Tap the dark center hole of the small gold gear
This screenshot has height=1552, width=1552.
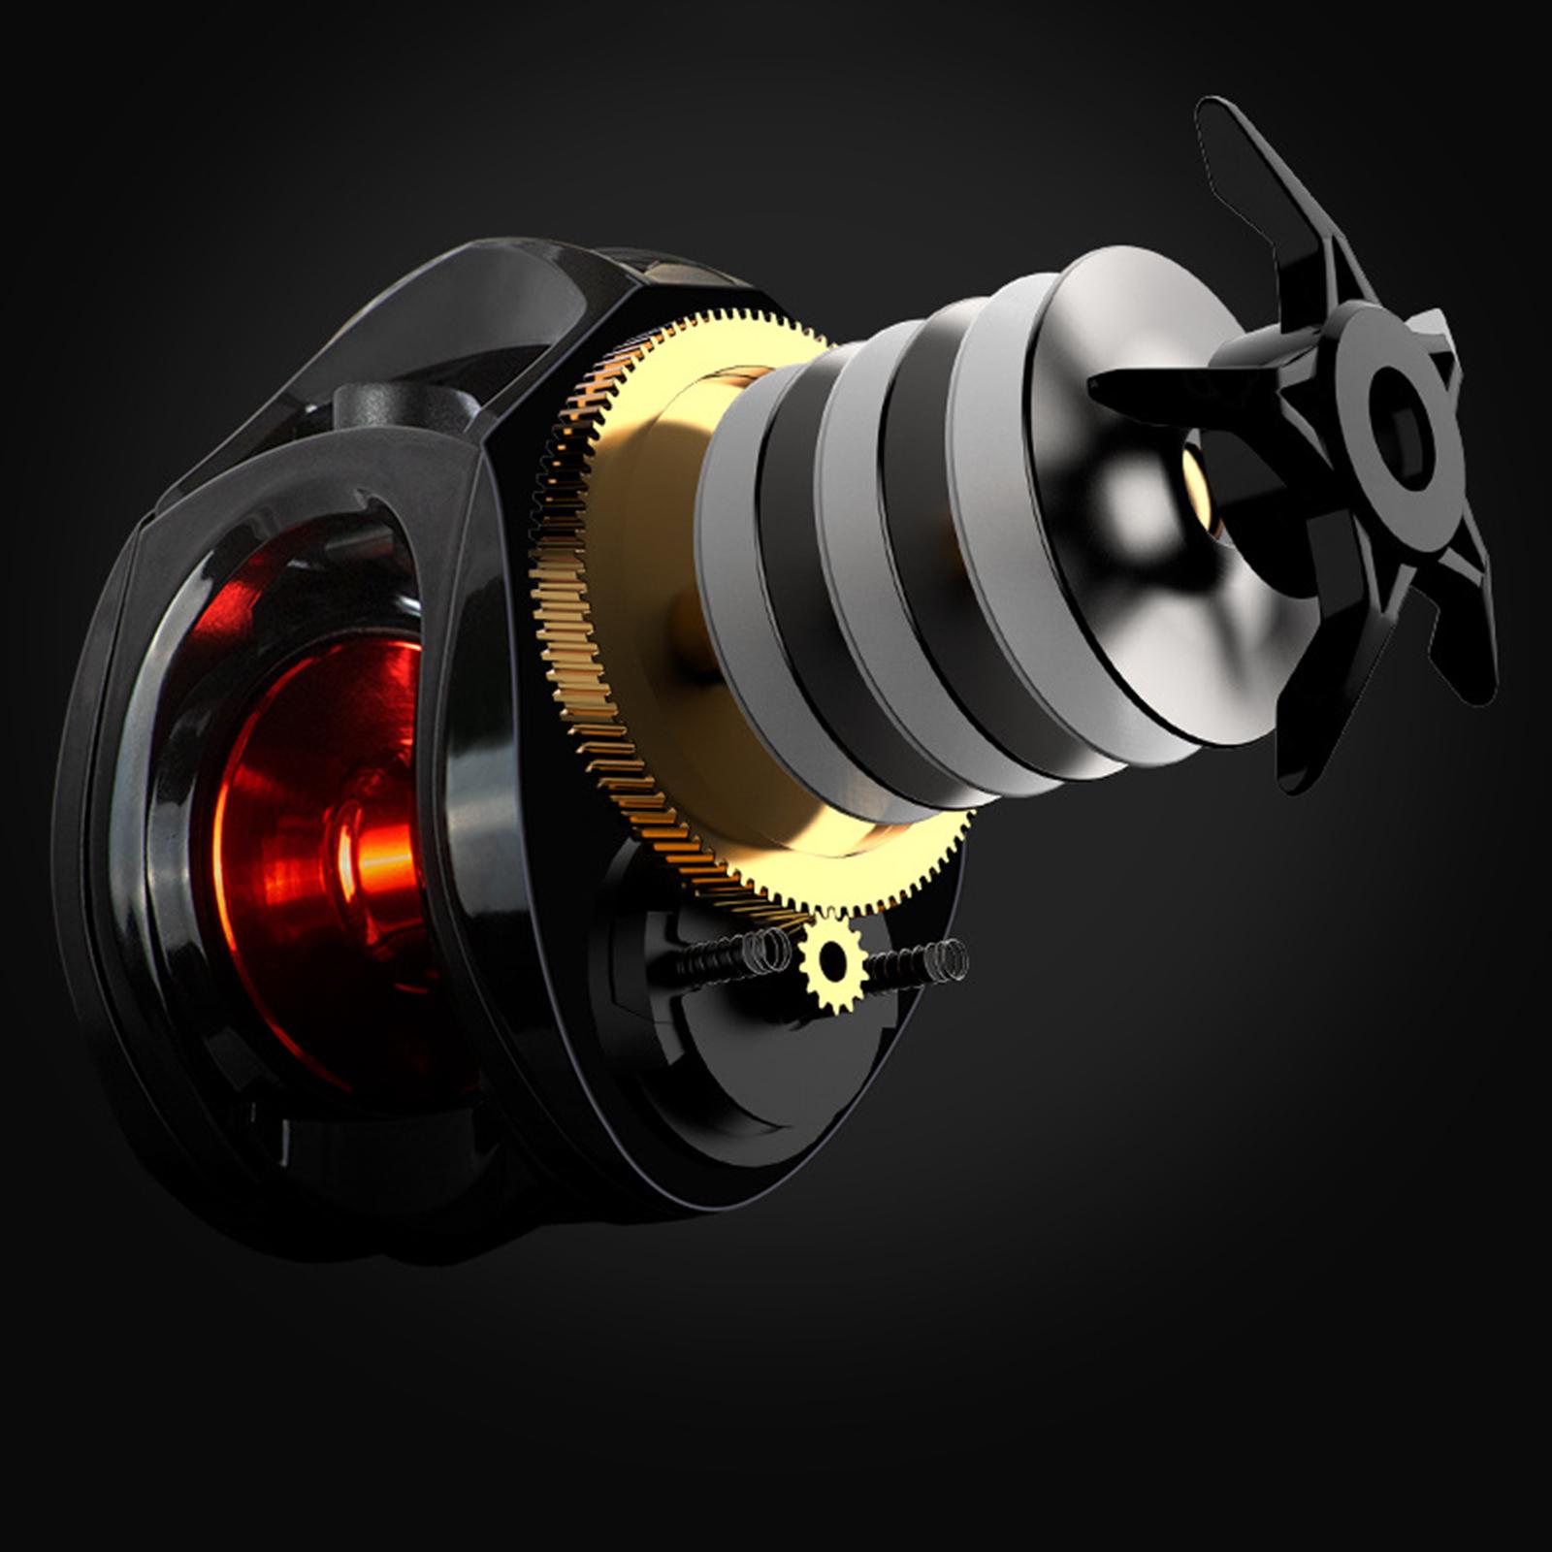(x=832, y=961)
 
